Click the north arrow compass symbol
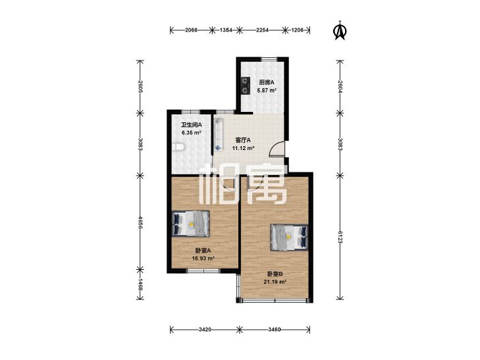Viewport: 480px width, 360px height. tap(339, 30)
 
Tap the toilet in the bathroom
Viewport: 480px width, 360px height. tap(178, 147)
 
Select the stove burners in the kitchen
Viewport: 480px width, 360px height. tap(244, 86)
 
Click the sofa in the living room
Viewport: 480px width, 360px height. tap(218, 134)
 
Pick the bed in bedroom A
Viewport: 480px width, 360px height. tap(191, 224)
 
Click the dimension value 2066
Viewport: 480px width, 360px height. tap(192, 30)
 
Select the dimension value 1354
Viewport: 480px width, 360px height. tap(226, 30)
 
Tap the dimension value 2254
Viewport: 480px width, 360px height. tap(262, 30)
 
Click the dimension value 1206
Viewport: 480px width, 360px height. tap(297, 30)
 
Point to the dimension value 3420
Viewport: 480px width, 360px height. tap(205, 330)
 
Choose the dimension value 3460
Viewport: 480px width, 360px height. tap(275, 330)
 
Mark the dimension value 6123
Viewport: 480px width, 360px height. tap(340, 237)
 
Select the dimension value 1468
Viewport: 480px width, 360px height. tap(140, 285)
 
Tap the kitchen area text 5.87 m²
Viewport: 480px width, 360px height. tap(267, 91)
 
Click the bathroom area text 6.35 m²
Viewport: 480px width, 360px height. tap(192, 133)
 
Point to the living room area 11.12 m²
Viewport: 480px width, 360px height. tap(244, 148)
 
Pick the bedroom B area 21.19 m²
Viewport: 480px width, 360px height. tap(275, 282)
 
